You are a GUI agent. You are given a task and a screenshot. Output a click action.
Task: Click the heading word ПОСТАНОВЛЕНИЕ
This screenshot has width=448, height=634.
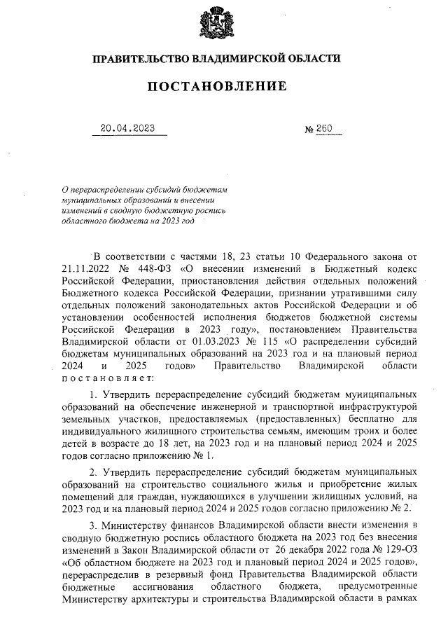pos(217,86)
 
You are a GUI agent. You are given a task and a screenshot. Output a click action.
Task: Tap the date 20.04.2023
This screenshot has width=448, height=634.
pos(127,128)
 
